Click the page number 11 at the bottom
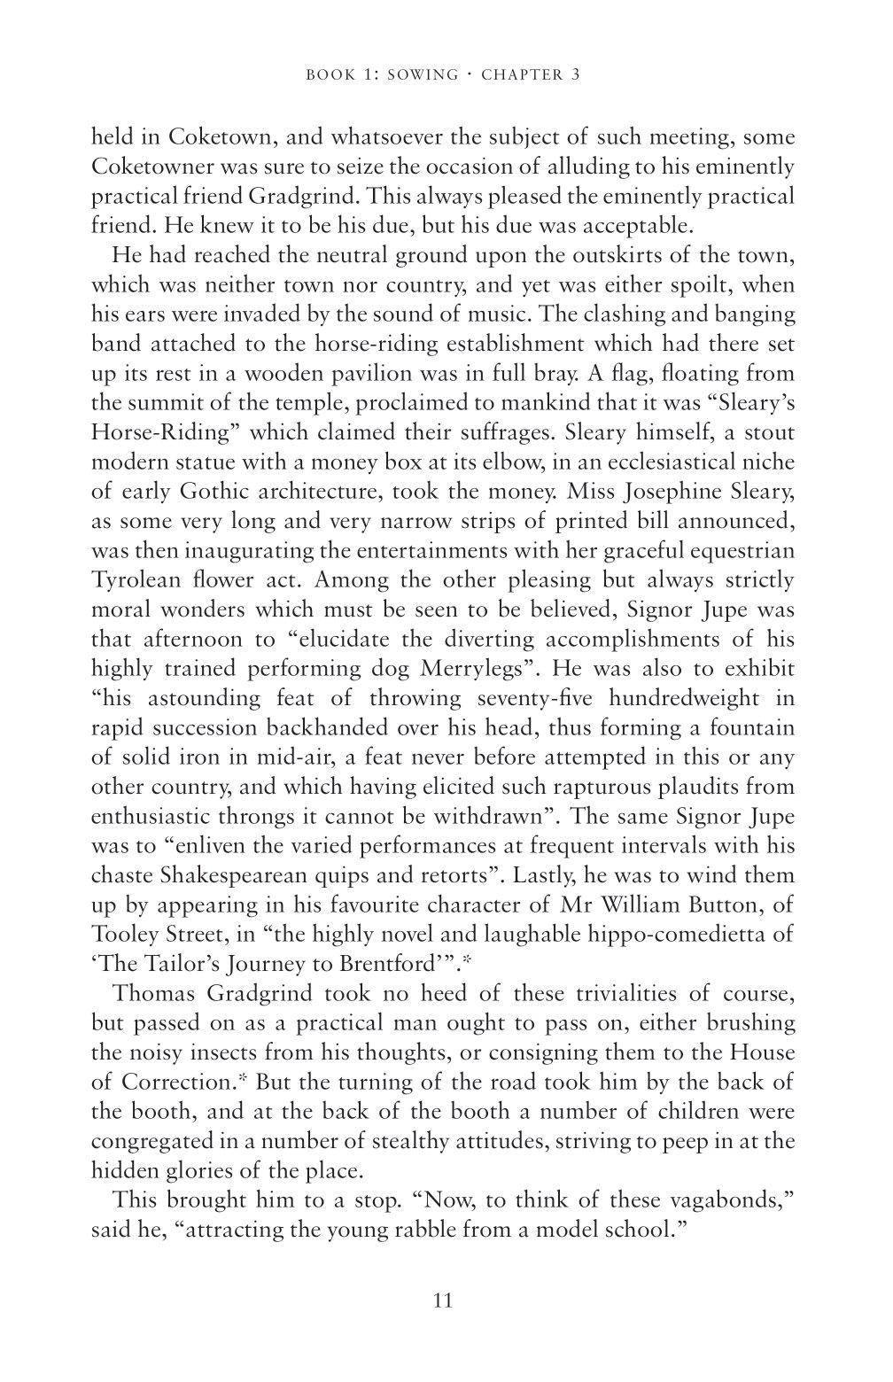pos(444,1300)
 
